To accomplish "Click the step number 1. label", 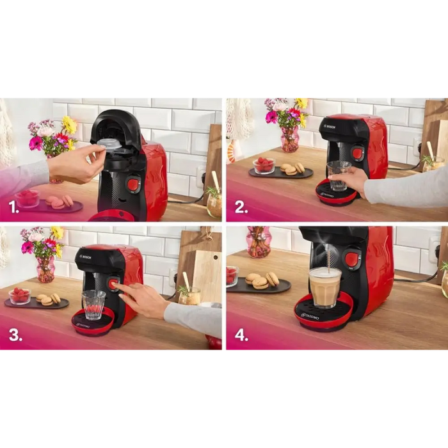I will (x=13, y=207).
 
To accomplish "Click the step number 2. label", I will (x=241, y=207).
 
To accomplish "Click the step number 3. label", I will (x=14, y=336).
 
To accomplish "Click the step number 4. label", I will (x=241, y=336).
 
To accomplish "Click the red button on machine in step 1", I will (x=132, y=185).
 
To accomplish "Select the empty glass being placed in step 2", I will (x=338, y=174).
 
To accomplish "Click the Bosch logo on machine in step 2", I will (x=330, y=127).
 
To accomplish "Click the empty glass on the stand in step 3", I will (x=93, y=303).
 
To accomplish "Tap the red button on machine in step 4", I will (x=351, y=259).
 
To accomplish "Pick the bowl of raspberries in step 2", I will (x=264, y=166).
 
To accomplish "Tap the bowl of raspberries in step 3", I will (x=19, y=296).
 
